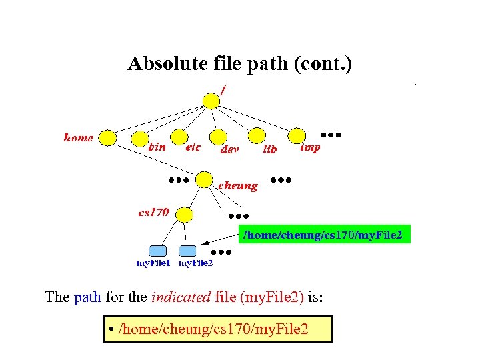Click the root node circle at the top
(211, 101)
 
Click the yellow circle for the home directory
(107, 138)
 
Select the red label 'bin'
(157, 147)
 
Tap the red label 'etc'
(193, 147)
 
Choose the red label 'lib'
(269, 150)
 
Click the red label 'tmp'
(310, 147)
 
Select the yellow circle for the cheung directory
(204, 179)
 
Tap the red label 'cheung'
(237, 185)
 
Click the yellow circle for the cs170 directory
(184, 214)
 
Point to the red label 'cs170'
(153, 213)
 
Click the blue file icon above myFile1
(157, 251)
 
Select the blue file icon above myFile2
(188, 251)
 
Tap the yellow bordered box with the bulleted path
(218, 329)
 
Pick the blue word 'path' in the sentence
(87, 297)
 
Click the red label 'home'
(79, 138)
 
